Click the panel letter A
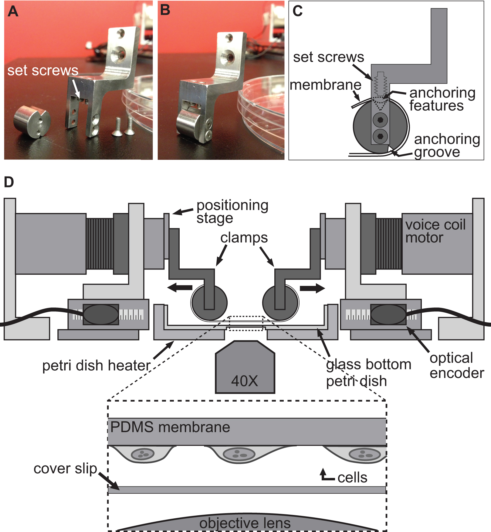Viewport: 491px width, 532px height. coord(13,12)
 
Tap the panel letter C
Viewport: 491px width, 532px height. coord(297,11)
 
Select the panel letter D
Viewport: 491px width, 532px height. coord(9,182)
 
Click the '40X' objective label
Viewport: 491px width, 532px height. coord(245,381)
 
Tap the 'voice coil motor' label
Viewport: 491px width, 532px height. coord(435,231)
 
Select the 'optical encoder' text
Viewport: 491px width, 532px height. coord(457,366)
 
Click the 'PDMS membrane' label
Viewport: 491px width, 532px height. coord(170,427)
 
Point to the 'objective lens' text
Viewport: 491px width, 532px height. coord(245,523)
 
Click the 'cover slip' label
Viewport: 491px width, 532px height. coord(65,469)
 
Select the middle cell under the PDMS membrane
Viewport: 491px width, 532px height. coord(239,454)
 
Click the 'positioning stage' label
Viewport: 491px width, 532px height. coord(232,211)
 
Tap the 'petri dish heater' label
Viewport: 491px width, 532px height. coord(96,366)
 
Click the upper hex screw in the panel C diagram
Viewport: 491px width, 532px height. coord(380,120)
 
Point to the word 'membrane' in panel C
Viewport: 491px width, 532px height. coord(326,85)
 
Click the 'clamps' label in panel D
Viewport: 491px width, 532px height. coord(244,238)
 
